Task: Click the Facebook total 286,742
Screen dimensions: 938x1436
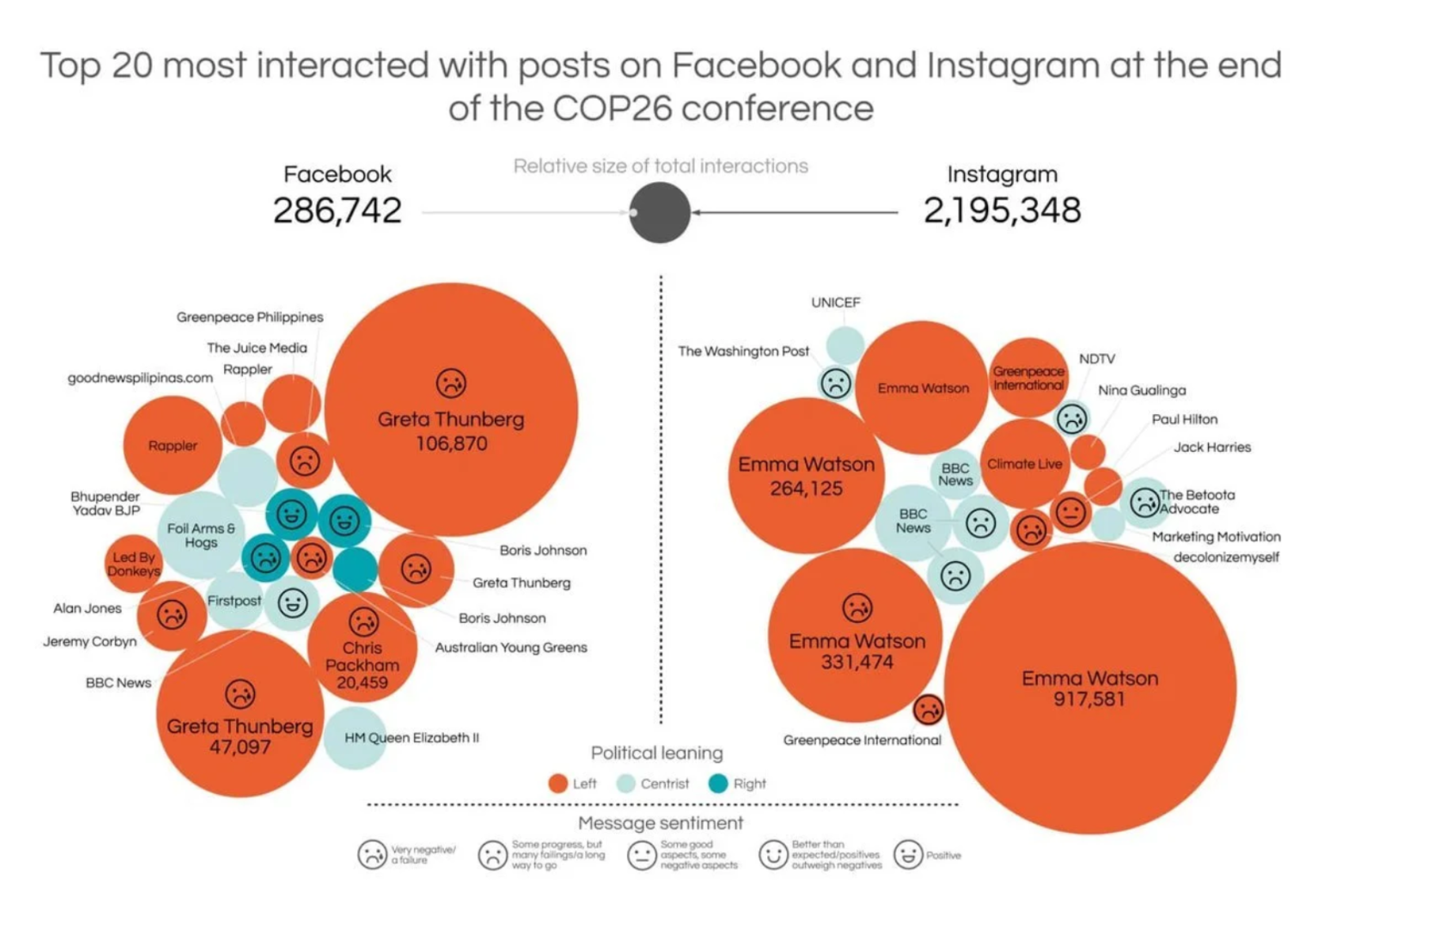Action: coord(337,211)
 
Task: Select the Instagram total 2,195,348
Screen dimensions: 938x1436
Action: coord(1001,211)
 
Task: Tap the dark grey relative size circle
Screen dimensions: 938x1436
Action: coord(659,212)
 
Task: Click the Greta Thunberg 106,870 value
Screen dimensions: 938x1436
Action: coord(451,443)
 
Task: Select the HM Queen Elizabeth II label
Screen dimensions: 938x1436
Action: coord(412,738)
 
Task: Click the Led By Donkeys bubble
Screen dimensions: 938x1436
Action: coord(133,564)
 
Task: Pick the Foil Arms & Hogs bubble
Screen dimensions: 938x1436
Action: coord(200,535)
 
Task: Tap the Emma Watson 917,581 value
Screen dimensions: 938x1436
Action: coord(1089,699)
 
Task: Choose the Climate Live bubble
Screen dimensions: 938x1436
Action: coord(1024,465)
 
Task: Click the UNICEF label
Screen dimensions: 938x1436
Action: coord(835,302)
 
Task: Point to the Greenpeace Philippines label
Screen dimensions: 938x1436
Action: coord(249,317)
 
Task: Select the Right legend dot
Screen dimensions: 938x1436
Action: coord(718,784)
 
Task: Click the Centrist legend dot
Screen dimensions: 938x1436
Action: coord(626,784)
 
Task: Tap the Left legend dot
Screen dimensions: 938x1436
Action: coord(558,784)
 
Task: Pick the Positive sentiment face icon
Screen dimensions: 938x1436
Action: coord(908,855)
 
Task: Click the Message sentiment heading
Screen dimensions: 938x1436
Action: coord(660,823)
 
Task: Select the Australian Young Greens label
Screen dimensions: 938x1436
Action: coord(511,647)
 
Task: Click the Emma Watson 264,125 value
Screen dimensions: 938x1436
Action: coord(806,488)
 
